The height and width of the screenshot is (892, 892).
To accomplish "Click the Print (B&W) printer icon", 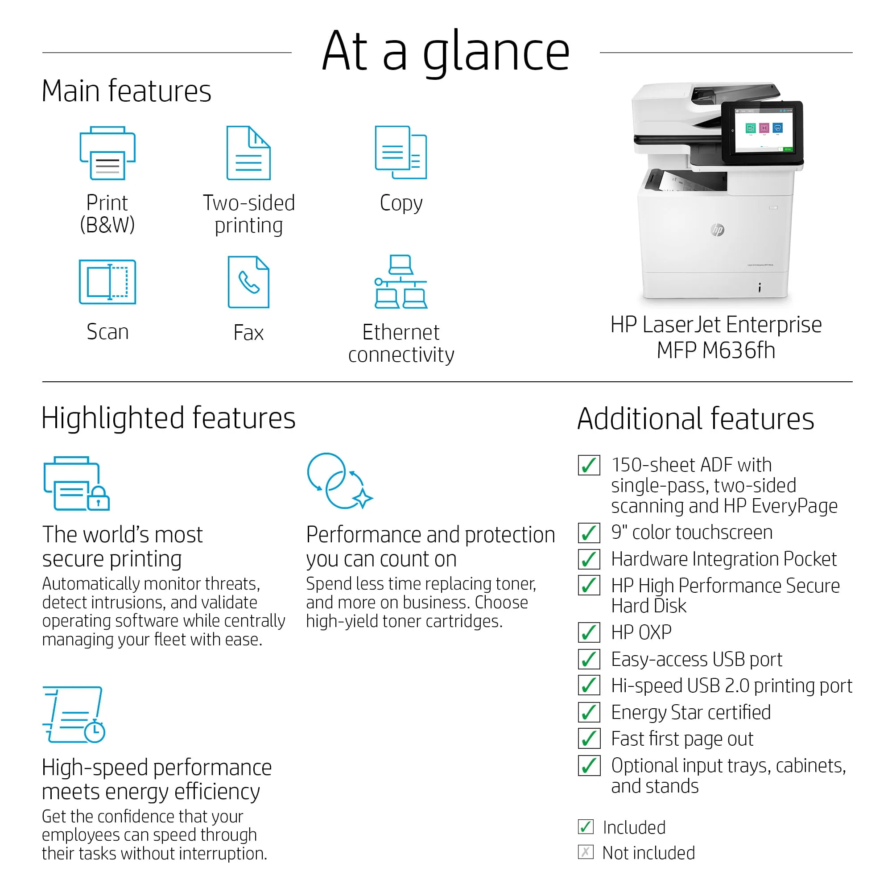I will tap(107, 153).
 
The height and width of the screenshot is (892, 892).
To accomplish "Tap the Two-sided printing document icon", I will tap(248, 153).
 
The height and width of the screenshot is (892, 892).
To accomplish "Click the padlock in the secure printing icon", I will tap(98, 499).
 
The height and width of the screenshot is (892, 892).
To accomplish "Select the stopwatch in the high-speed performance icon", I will tap(95, 731).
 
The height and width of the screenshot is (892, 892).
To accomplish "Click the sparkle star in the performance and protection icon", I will tap(363, 498).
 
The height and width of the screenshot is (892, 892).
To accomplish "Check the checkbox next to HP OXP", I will tap(589, 632).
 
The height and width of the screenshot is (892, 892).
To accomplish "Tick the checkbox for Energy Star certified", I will tap(589, 712).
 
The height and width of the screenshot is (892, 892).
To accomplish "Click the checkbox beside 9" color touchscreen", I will tap(589, 533).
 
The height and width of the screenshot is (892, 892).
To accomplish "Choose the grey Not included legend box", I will tap(586, 852).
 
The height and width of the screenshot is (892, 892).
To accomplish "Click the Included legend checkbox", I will tap(586, 826).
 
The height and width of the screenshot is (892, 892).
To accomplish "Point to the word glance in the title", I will tap(496, 53).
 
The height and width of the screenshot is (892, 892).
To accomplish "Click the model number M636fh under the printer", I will tap(738, 351).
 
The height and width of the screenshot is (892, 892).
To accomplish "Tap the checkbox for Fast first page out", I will tap(589, 739).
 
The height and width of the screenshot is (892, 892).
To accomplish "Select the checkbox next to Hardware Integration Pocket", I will tap(589, 559).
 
